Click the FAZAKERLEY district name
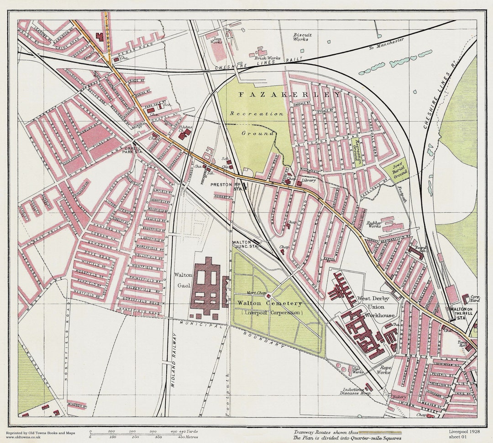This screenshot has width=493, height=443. [x=290, y=94]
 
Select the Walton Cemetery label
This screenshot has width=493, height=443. [x=269, y=303]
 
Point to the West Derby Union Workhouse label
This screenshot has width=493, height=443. [x=376, y=306]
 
